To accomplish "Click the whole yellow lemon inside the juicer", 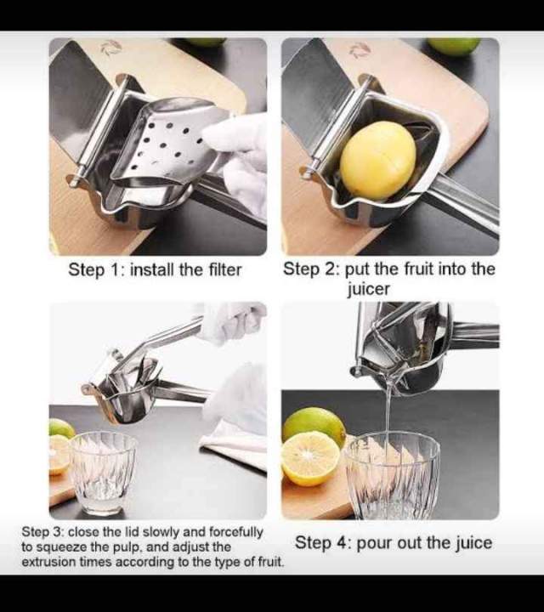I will tap(378, 160).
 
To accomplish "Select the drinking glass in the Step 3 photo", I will tap(103, 472).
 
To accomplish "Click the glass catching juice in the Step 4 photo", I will tap(392, 475).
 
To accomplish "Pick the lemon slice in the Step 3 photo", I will tap(59, 454).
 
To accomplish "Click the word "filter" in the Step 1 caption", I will tap(224, 270).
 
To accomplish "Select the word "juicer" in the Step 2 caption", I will tap(368, 289).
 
